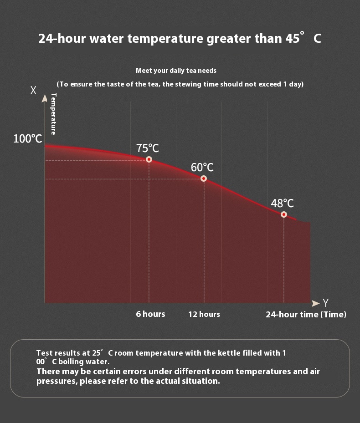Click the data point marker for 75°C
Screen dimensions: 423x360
(149, 159)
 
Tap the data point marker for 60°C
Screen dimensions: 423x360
(204, 178)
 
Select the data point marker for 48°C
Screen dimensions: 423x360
(284, 214)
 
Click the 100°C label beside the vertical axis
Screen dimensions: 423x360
(28, 139)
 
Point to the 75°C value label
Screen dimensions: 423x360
(148, 148)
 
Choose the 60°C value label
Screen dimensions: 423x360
(202, 168)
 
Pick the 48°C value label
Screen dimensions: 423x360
(283, 204)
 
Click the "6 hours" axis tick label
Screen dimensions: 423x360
(150, 314)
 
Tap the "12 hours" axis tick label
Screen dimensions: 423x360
(204, 314)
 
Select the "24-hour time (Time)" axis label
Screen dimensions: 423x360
(306, 315)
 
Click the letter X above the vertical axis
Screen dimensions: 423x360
(33, 91)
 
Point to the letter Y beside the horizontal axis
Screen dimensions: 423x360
(326, 303)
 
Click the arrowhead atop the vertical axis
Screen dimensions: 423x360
(45, 98)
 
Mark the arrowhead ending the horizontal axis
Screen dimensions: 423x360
(316, 303)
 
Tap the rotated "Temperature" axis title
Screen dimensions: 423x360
(53, 114)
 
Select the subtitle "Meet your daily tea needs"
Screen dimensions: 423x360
(176, 71)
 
